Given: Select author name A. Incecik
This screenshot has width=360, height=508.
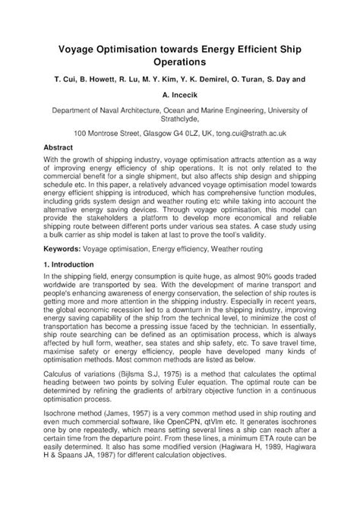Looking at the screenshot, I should point(180,96).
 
